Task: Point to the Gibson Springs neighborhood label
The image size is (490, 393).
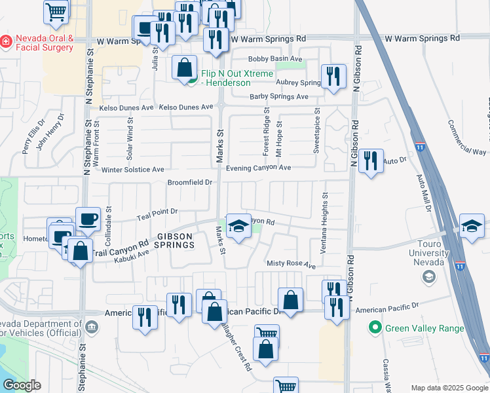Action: [175, 240]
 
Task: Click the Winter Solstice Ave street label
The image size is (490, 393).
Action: [133, 170]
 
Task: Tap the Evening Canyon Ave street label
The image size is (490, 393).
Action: [258, 168]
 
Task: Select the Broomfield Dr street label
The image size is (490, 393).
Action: [190, 182]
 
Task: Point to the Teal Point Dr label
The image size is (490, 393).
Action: [157, 214]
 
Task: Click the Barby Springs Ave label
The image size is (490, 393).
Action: [279, 97]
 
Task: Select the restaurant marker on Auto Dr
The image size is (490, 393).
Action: [371, 160]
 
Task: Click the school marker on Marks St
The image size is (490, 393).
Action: [238, 226]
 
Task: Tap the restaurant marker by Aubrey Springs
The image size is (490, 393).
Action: [333, 76]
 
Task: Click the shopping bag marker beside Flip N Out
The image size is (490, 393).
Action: [185, 67]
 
